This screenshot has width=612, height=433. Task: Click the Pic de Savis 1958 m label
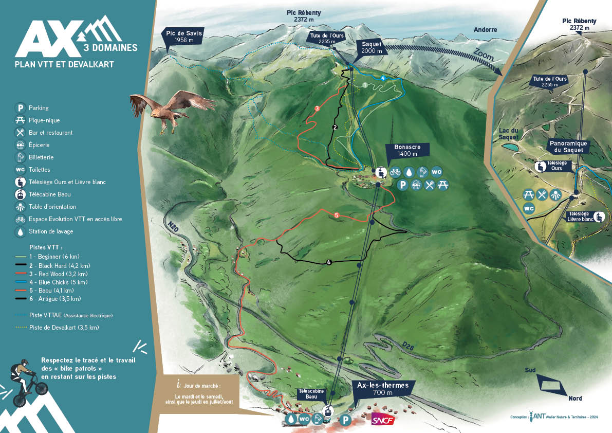coord(184,37)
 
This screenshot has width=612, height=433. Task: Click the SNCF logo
coord(382,420)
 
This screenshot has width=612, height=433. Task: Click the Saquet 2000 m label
coord(371,48)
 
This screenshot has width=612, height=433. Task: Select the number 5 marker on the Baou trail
coord(337,215)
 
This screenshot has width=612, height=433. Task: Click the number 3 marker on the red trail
coord(317,109)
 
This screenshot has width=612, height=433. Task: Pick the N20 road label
coord(174,227)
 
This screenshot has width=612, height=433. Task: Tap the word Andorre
coord(486,30)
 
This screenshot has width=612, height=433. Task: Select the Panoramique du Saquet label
coord(567,147)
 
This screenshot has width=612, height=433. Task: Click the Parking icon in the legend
coord(20,108)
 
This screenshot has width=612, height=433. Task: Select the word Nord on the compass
coord(574,398)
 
